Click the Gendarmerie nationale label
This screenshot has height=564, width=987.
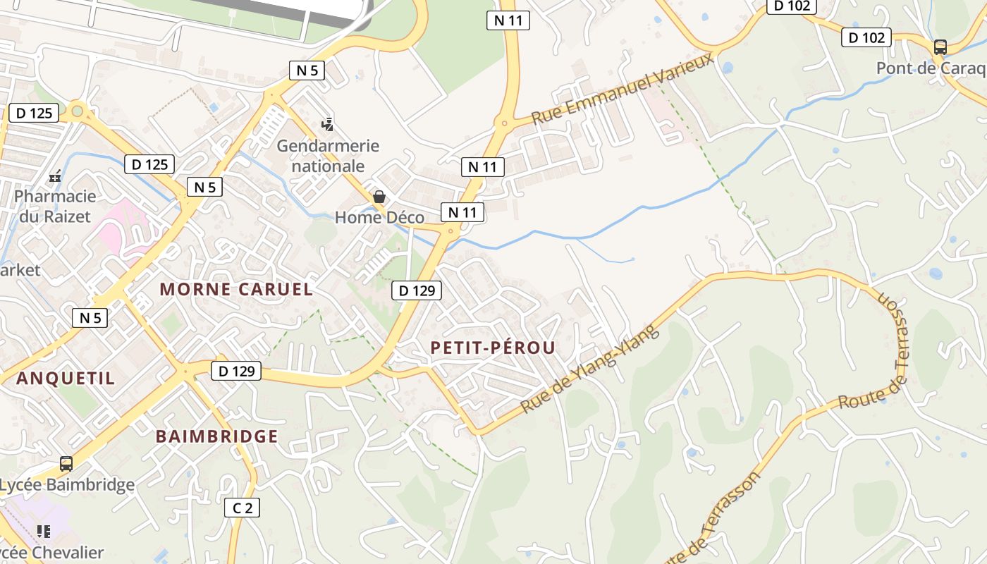click(x=328, y=156)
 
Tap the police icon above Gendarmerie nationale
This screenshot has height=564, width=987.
click(x=327, y=125)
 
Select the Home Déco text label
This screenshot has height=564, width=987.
click(x=379, y=217)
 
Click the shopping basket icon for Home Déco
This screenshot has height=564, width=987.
click(x=379, y=197)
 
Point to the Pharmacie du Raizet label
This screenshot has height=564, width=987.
click(x=55, y=206)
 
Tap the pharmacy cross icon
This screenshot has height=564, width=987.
click(x=55, y=177)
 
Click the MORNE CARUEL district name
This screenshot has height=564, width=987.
click(x=236, y=289)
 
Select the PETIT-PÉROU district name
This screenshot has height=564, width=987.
click(x=493, y=347)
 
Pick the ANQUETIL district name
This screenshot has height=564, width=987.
click(x=66, y=378)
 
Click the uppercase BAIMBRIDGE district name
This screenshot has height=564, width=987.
click(x=217, y=436)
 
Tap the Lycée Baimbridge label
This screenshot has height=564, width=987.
click(x=67, y=485)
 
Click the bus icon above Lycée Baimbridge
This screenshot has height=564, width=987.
click(x=66, y=464)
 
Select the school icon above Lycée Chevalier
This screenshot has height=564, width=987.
click(x=44, y=531)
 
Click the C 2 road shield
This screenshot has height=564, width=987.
click(x=242, y=508)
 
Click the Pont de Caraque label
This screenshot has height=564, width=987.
click(x=931, y=68)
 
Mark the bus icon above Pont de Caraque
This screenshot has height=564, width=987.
click(x=940, y=47)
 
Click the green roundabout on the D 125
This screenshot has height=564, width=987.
click(x=77, y=111)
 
